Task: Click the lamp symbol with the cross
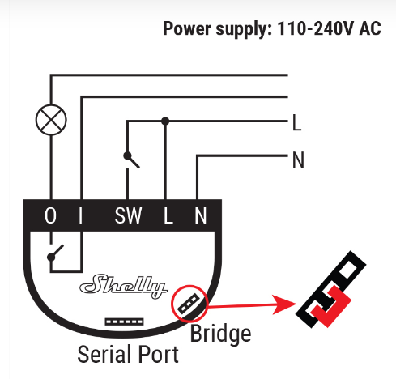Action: (x=50, y=121)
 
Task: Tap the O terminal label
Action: (x=50, y=216)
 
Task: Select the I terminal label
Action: (x=82, y=216)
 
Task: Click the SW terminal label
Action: (x=127, y=216)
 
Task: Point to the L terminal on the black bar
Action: (x=168, y=216)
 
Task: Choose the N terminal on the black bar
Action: (x=199, y=216)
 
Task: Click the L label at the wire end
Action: (x=296, y=124)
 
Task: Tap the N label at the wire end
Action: (x=297, y=160)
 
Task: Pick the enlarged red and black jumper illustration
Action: (x=333, y=294)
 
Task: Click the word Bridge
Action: (x=219, y=333)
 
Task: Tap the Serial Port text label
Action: (x=128, y=354)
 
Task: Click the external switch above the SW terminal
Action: (x=130, y=159)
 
